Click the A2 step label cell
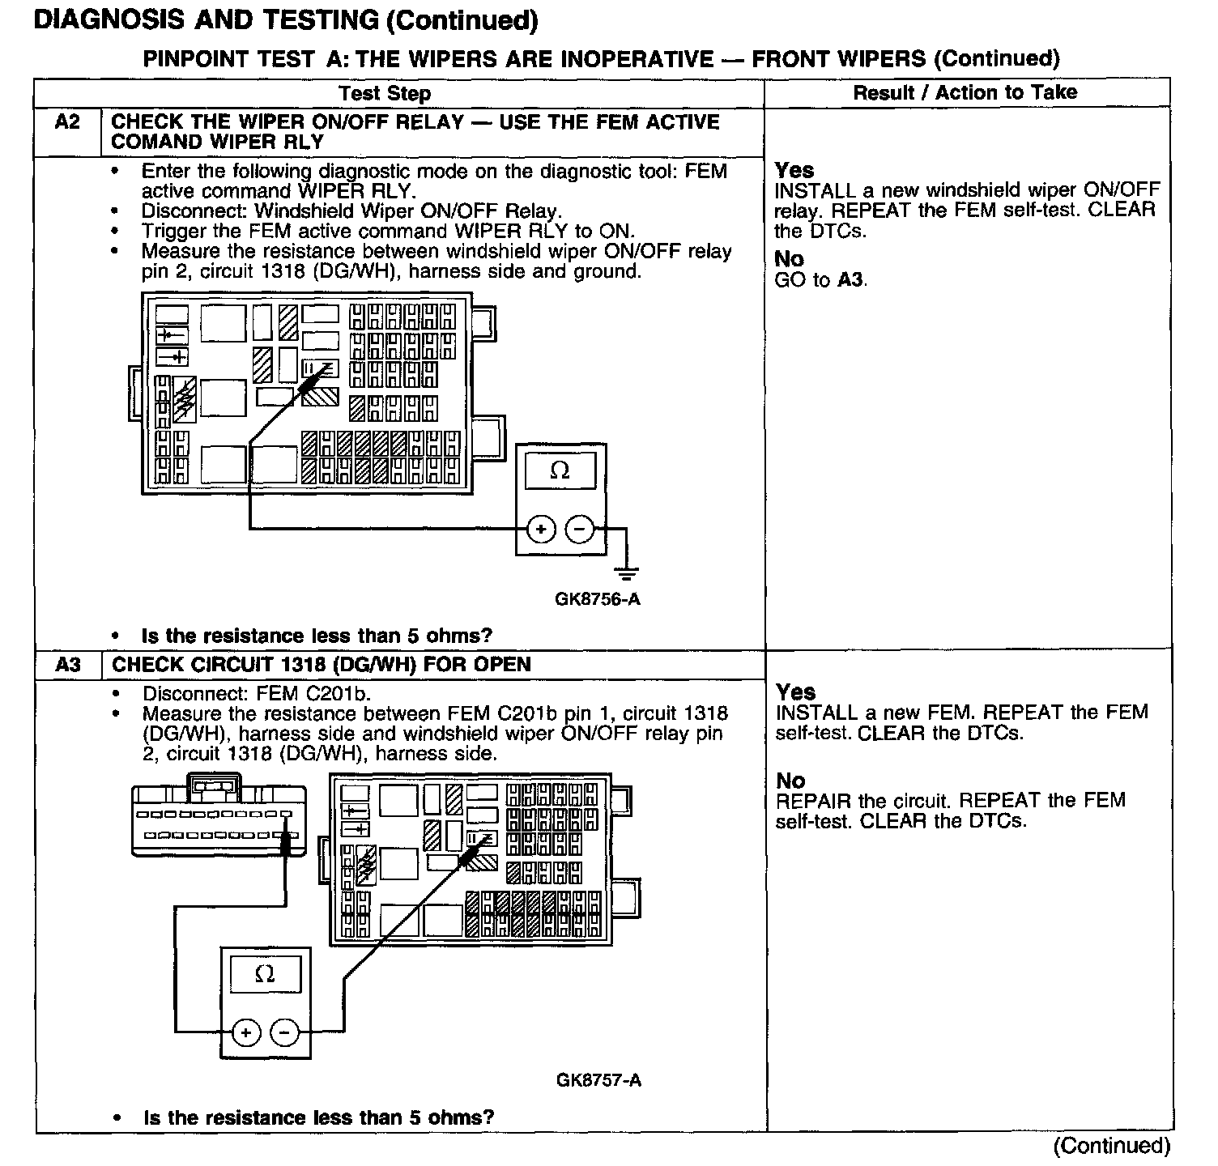pos(68,123)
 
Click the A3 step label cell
pos(69,666)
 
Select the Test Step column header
pos(385,94)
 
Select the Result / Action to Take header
pos(965,93)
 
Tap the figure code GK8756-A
pos(598,600)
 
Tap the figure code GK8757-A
pos(598,1080)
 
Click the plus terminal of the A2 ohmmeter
pos(541,530)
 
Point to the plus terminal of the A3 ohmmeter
pos(245,1032)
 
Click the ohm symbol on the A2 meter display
pos(560,470)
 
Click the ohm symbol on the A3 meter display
pos(265,974)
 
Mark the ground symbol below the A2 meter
pos(625,573)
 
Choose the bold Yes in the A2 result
pos(794,170)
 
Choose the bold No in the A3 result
pos(790,781)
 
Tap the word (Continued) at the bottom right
pos(1111,1146)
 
